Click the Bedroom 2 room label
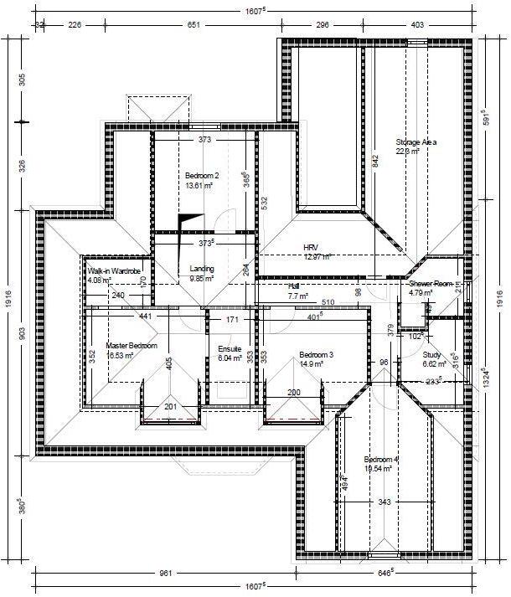pyautogui.click(x=202, y=175)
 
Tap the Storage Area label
pyautogui.click(x=416, y=142)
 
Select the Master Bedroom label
pyautogui.click(x=132, y=345)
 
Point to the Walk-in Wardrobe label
pyautogui.click(x=113, y=271)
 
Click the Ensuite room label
pyautogui.click(x=230, y=348)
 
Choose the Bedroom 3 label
pyautogui.click(x=316, y=355)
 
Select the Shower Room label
pyautogui.click(x=435, y=284)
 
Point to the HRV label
pyautogui.click(x=312, y=248)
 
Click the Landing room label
pyautogui.click(x=202, y=269)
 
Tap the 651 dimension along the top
pyautogui.click(x=194, y=25)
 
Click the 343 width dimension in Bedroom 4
pyautogui.click(x=385, y=502)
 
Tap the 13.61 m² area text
pyautogui.click(x=199, y=186)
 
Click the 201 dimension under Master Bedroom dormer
pyautogui.click(x=170, y=407)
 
